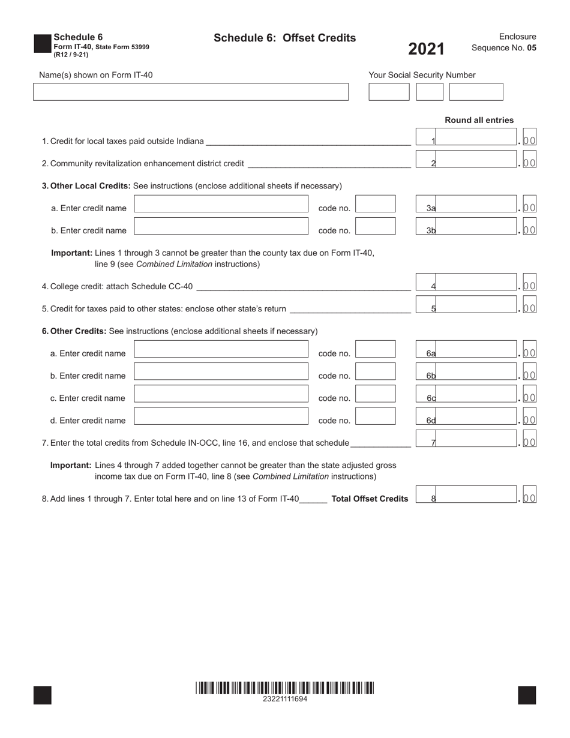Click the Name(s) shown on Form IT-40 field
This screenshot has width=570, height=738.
pyautogui.click(x=190, y=92)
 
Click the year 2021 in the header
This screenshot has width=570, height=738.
pyautogui.click(x=427, y=49)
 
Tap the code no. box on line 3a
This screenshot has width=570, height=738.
pyautogui.click(x=376, y=203)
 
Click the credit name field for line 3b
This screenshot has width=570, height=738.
pyautogui.click(x=221, y=226)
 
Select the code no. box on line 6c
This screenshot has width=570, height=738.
pyautogui.click(x=376, y=394)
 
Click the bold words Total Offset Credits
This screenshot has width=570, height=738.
pyautogui.click(x=370, y=499)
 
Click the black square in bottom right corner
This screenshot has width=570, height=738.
pyautogui.click(x=527, y=695)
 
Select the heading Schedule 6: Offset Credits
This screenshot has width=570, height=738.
pyautogui.click(x=284, y=38)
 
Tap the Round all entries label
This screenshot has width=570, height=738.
pyautogui.click(x=479, y=120)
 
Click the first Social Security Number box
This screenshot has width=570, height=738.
pyautogui.click(x=388, y=92)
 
